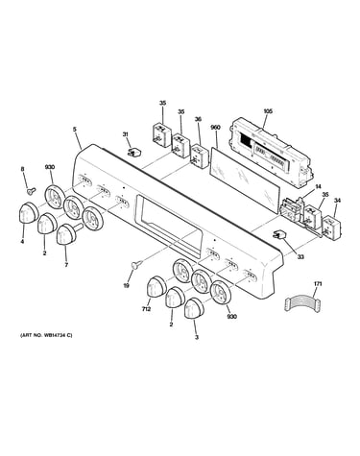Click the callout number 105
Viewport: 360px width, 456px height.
[x=268, y=111]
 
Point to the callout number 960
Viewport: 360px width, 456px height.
[x=215, y=128]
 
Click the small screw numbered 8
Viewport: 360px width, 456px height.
[x=32, y=191]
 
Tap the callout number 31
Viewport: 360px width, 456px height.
[x=126, y=134]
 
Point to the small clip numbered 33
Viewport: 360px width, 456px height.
[x=278, y=235]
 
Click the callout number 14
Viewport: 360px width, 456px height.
[x=318, y=186]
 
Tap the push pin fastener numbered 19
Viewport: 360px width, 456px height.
[x=137, y=265]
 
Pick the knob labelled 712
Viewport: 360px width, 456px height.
[x=156, y=286]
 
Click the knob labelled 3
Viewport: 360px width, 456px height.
[x=194, y=309]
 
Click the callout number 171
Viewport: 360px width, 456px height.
[x=318, y=284]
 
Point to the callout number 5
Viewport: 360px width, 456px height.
[x=75, y=130]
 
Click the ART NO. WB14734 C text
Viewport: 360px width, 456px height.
[x=46, y=335]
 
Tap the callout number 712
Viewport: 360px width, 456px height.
[x=146, y=309]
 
